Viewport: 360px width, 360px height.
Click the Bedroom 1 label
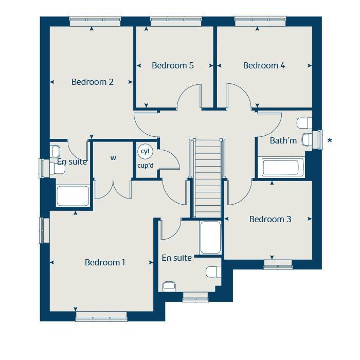[x=105, y=262]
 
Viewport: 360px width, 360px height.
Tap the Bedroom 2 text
[x=93, y=82]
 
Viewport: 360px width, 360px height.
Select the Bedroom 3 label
[x=270, y=219]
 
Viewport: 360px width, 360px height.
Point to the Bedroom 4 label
[x=264, y=65]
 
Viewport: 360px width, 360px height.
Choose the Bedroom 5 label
[x=173, y=65]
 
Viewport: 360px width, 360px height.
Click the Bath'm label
[x=283, y=140]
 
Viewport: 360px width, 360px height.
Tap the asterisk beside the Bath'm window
[x=330, y=140]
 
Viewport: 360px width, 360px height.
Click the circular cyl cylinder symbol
[x=145, y=151]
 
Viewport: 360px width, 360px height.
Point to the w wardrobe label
[x=113, y=158]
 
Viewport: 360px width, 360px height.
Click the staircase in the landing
[x=208, y=177]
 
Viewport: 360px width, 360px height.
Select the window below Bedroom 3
[x=278, y=265]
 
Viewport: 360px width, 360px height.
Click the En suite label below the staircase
[x=176, y=258]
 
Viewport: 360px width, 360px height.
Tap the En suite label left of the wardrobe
[x=72, y=161]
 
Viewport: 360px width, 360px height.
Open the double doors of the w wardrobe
[x=113, y=188]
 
